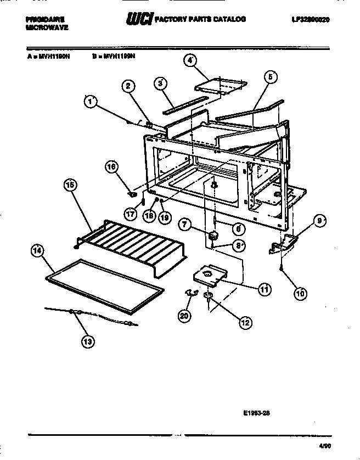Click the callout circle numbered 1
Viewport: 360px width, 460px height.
pyautogui.click(x=91, y=102)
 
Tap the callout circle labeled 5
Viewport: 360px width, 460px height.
pyautogui.click(x=270, y=77)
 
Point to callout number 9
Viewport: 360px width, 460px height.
pyautogui.click(x=319, y=221)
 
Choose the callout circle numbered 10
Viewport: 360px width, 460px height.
pyautogui.click(x=300, y=293)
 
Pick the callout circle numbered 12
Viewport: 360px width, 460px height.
pyautogui.click(x=244, y=322)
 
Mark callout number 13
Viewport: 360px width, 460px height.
pyautogui.click(x=87, y=341)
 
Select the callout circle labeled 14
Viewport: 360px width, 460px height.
pyautogui.click(x=37, y=252)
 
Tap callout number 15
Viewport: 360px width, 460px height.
pyautogui.click(x=70, y=186)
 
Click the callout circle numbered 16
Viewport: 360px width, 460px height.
pyautogui.click(x=112, y=167)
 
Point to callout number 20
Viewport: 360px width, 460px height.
pyautogui.click(x=186, y=316)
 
